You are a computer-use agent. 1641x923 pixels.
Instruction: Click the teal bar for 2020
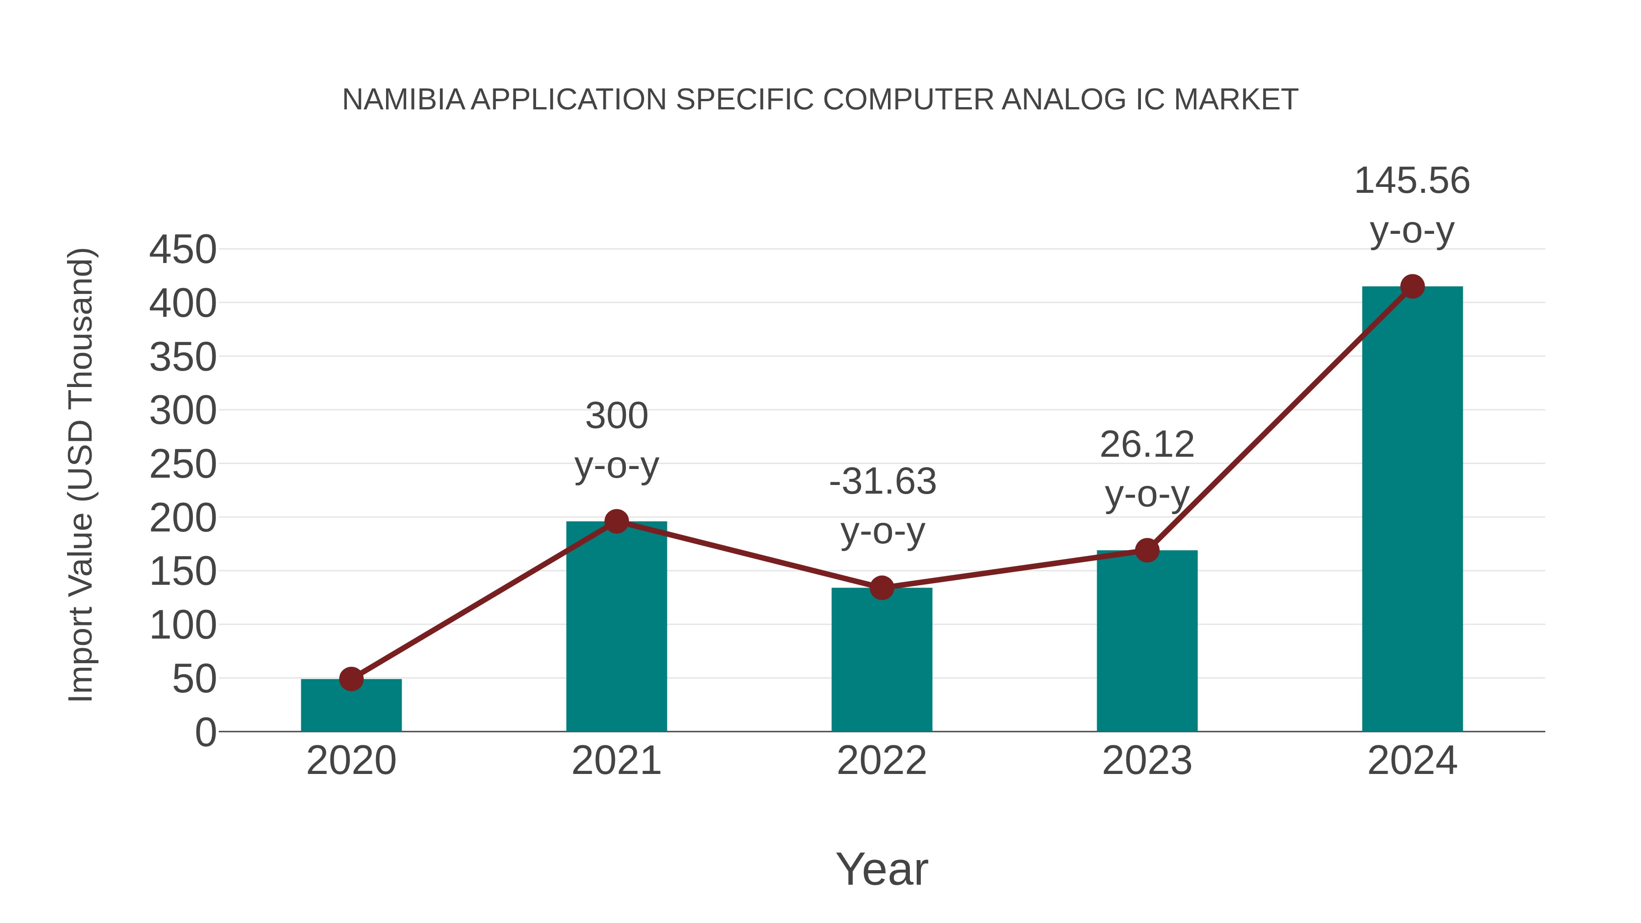351,707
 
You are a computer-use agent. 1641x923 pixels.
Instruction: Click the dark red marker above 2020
351,679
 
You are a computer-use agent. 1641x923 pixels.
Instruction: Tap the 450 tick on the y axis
183,250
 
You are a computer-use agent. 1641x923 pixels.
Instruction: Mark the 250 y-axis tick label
183,464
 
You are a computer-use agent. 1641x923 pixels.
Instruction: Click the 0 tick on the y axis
205,732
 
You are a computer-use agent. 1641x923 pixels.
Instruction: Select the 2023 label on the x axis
1147,761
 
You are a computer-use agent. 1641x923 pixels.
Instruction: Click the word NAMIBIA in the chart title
403,100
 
